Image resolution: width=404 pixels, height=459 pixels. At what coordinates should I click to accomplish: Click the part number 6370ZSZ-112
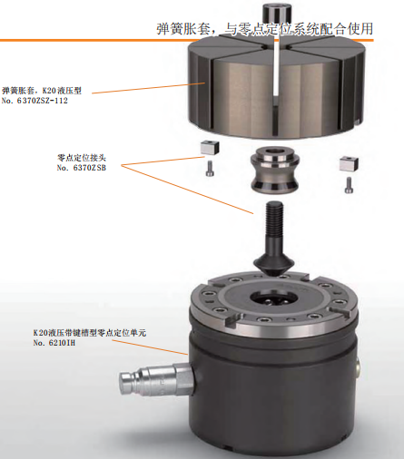pyautogui.click(x=43, y=101)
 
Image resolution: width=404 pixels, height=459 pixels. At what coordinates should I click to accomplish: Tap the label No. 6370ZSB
pyautogui.click(x=82, y=168)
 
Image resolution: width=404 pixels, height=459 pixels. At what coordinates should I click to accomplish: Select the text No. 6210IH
pyautogui.click(x=54, y=343)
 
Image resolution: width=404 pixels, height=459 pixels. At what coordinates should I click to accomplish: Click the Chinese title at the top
pyautogui.click(x=264, y=29)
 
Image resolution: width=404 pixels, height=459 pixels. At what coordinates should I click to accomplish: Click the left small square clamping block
pyautogui.click(x=210, y=148)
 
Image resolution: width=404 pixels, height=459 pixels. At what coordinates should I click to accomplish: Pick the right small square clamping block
pyautogui.click(x=349, y=164)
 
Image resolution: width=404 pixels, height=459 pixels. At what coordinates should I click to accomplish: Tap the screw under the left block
pyautogui.click(x=210, y=168)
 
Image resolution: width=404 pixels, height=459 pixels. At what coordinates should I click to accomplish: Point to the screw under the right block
pyautogui.click(x=349, y=185)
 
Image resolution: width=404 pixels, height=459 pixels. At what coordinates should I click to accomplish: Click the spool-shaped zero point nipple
pyautogui.click(x=275, y=170)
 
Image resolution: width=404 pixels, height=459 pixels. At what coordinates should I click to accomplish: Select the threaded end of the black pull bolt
pyautogui.click(x=274, y=217)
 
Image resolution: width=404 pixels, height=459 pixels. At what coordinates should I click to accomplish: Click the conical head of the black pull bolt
pyautogui.click(x=274, y=265)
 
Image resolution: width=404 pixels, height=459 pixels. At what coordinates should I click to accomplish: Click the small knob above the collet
pyautogui.click(x=276, y=12)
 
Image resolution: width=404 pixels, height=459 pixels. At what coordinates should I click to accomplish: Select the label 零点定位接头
pyautogui.click(x=82, y=158)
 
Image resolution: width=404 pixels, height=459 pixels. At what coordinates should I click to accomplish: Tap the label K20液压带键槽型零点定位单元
pyautogui.click(x=90, y=333)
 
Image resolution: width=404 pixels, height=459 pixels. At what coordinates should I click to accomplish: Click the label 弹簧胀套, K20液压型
pyautogui.click(x=42, y=91)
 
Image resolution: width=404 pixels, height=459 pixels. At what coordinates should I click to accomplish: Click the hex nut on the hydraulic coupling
pyautogui.click(x=183, y=379)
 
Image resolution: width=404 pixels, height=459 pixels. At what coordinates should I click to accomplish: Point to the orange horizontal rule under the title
pyautogui.click(x=187, y=40)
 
